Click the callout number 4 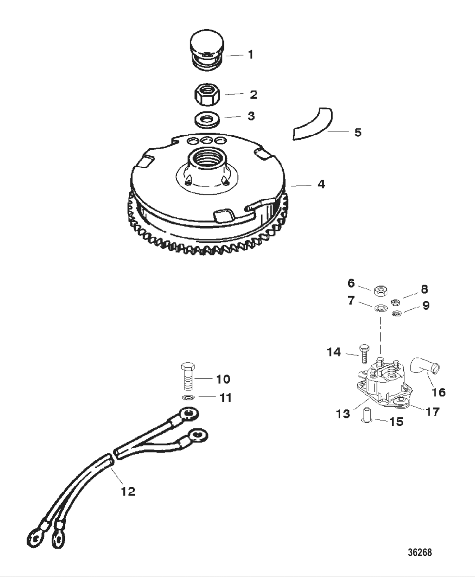click(x=321, y=184)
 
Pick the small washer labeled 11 click(x=187, y=397)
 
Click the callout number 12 click(x=128, y=491)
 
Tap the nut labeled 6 click(x=380, y=291)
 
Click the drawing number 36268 click(x=419, y=552)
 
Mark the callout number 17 click(x=432, y=411)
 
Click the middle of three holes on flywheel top click(x=207, y=140)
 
